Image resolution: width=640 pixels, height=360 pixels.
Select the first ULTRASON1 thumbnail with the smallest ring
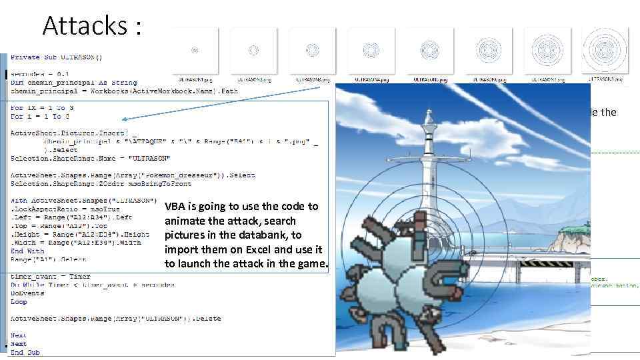(195, 50)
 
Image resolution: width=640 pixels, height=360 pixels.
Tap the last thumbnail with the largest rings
(604, 50)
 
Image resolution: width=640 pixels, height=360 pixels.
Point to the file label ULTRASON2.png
(253, 79)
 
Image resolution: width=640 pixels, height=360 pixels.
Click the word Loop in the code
(19, 301)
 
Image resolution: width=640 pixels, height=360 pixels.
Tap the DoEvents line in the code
(25, 293)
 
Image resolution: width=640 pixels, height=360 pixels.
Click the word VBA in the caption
(176, 207)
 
